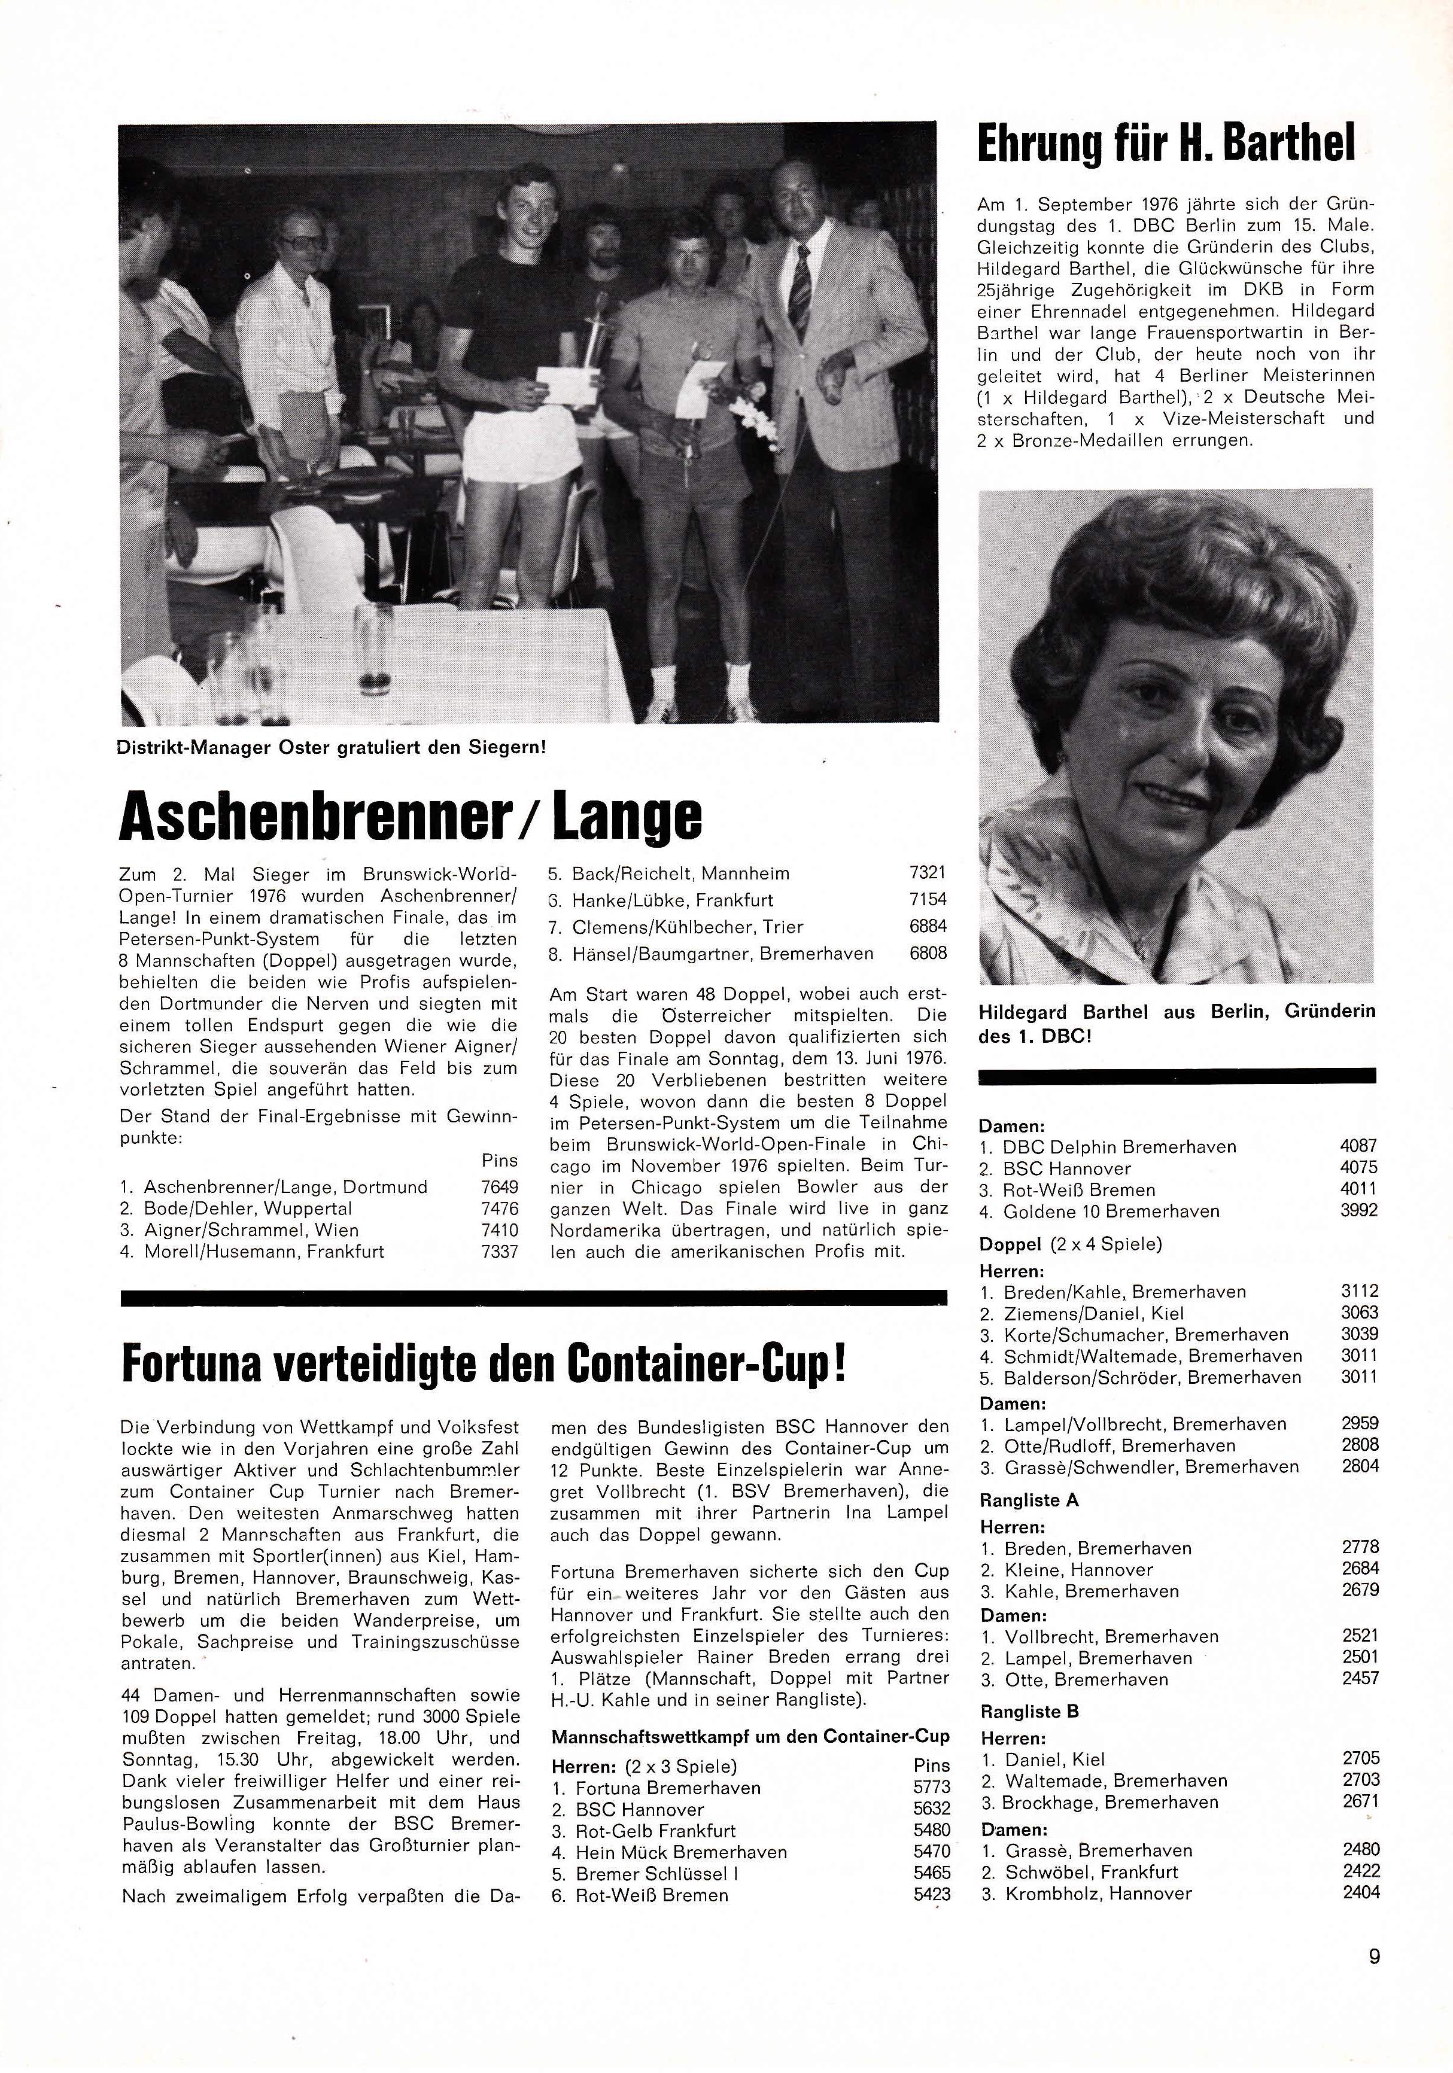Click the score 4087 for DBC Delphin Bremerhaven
tap(1359, 1147)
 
